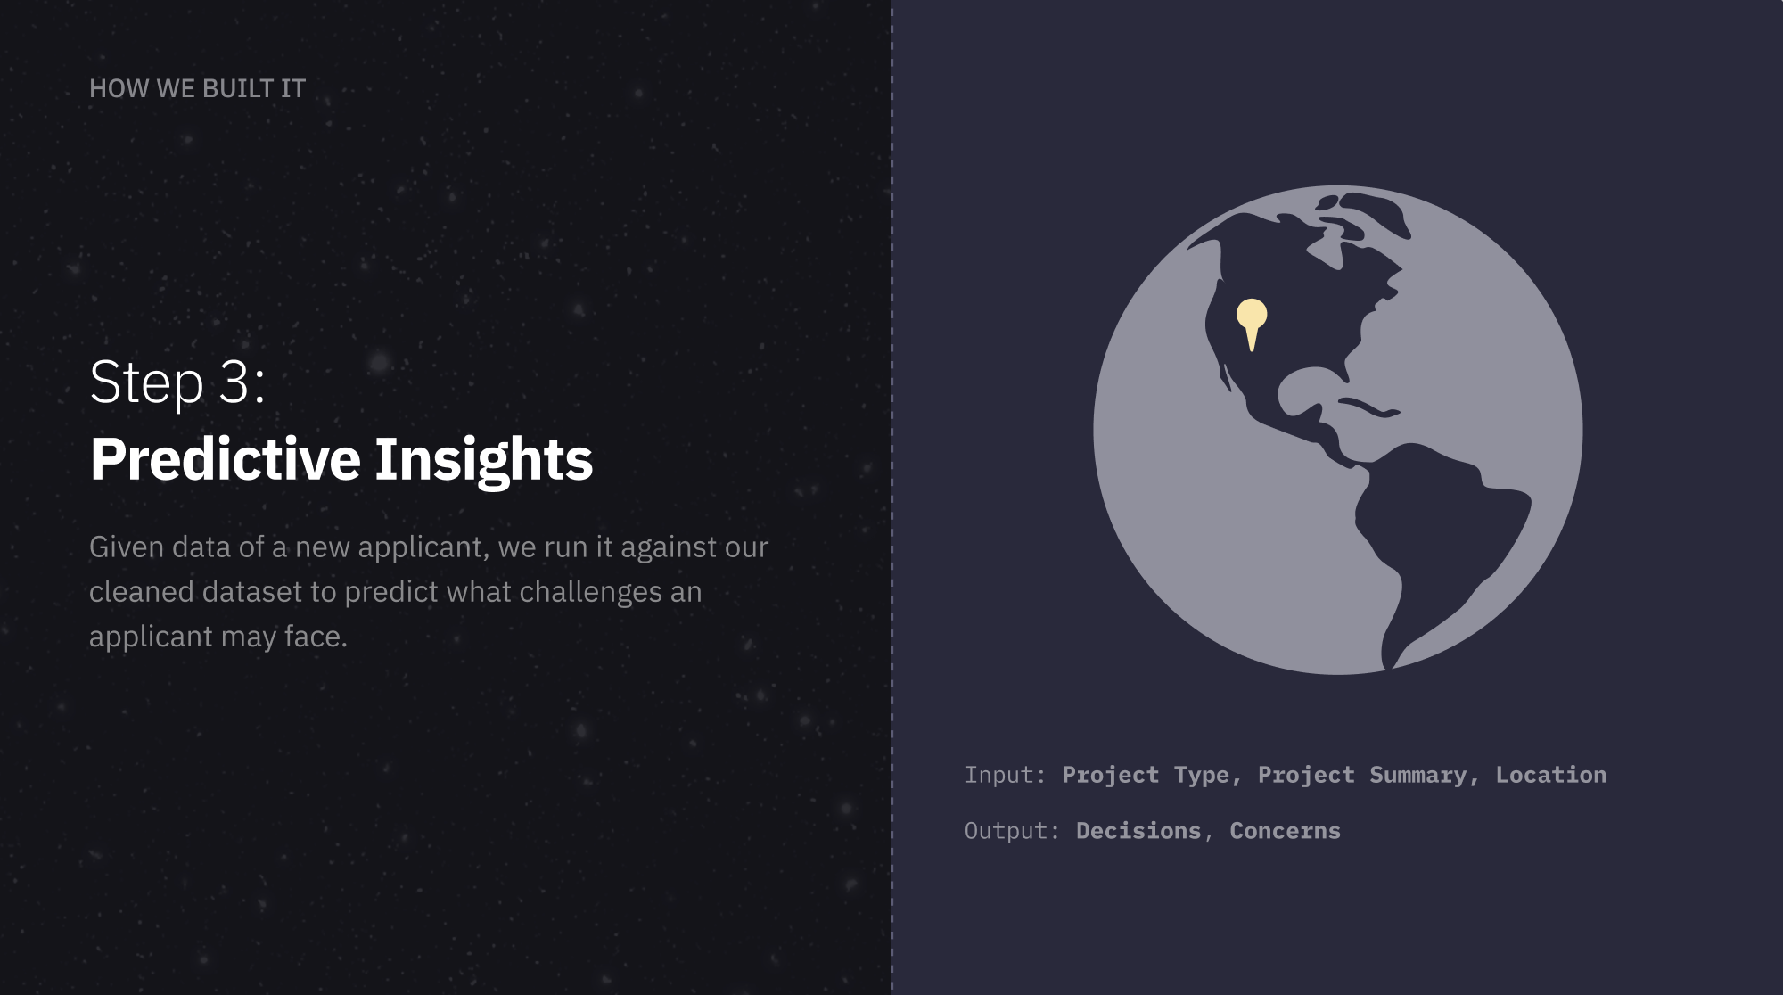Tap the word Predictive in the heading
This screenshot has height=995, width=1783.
click(x=226, y=459)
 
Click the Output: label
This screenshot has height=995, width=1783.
click(x=1012, y=831)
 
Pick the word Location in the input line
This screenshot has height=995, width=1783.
click(x=1551, y=775)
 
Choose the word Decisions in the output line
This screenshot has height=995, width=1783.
click(x=1138, y=831)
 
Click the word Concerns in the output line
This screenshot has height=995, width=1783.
click(x=1286, y=831)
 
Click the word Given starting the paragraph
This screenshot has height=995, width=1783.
click(x=127, y=547)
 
